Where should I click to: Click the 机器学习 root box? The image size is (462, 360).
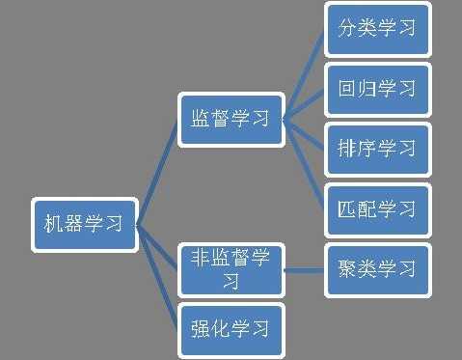[x=84, y=225]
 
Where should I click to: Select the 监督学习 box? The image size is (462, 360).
[x=231, y=119]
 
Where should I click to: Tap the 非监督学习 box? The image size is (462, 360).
[x=231, y=268]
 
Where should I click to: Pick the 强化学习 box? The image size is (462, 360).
[x=231, y=326]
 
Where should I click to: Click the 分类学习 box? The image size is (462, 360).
[x=377, y=28]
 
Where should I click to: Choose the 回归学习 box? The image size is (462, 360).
[x=377, y=89]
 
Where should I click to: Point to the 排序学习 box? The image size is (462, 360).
[x=377, y=149]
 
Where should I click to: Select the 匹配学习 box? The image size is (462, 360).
[x=377, y=208]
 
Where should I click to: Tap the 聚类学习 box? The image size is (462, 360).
[x=377, y=267]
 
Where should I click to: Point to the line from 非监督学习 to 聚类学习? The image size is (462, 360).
[x=305, y=268]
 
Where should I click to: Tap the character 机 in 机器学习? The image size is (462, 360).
[x=55, y=225]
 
